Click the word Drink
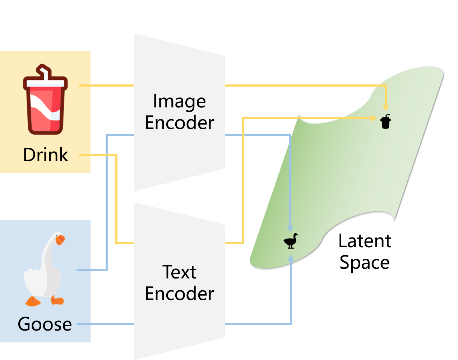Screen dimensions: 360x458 click(x=45, y=155)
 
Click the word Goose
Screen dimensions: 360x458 click(x=45, y=324)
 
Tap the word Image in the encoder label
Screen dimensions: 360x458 click(x=179, y=102)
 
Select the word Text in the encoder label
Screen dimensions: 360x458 click(x=179, y=272)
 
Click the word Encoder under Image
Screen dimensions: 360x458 click(x=179, y=123)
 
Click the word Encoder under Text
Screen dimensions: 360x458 click(x=179, y=294)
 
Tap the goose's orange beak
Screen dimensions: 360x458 click(x=61, y=239)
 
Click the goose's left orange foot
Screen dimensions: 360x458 click(x=33, y=302)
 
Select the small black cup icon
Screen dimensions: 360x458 click(x=385, y=122)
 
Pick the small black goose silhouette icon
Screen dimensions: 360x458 click(x=291, y=241)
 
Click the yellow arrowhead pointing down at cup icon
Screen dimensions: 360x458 click(x=386, y=107)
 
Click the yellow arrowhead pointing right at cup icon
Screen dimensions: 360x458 click(x=374, y=118)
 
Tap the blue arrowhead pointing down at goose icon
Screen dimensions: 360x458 click(x=290, y=229)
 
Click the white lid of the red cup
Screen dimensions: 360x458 click(x=45, y=83)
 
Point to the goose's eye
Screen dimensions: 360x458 click(x=57, y=236)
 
